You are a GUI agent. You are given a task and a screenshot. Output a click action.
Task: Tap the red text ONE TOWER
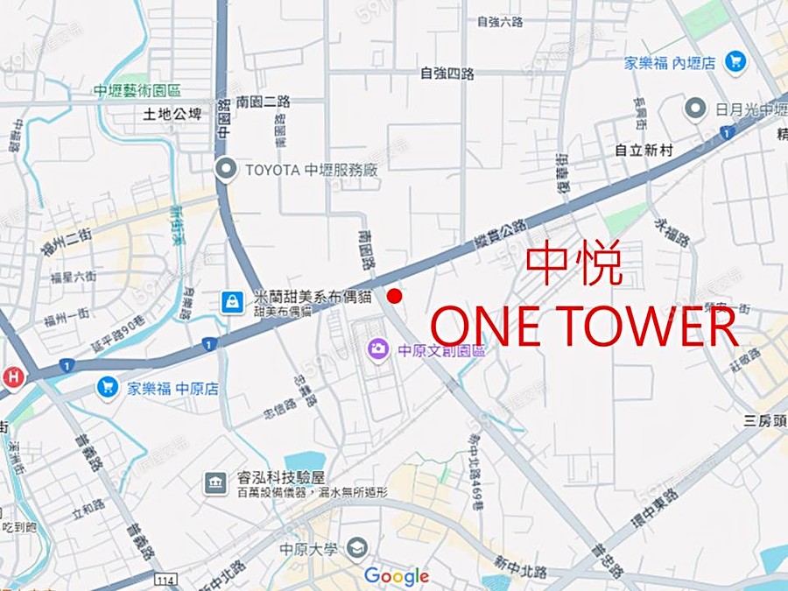(584, 327)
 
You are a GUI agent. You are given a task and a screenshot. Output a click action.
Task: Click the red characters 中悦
(574, 265)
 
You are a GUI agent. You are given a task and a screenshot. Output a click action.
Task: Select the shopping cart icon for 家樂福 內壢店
(735, 61)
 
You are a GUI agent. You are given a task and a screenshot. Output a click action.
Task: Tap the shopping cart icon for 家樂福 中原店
(109, 386)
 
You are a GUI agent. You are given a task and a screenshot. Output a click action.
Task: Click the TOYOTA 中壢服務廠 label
(311, 169)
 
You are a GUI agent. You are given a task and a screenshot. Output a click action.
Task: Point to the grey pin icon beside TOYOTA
(227, 169)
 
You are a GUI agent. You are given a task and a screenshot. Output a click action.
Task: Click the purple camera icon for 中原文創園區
(378, 349)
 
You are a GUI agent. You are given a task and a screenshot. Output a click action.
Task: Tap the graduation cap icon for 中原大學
(356, 549)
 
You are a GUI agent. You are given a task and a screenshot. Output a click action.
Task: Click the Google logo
(396, 576)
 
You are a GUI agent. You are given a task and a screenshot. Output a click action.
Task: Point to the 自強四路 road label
(447, 74)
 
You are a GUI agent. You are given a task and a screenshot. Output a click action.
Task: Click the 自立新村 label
(644, 151)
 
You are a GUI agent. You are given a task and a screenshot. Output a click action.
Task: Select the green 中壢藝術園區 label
(139, 90)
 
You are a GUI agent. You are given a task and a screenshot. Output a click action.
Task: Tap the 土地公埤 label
(172, 113)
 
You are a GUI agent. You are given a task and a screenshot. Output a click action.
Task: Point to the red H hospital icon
(12, 377)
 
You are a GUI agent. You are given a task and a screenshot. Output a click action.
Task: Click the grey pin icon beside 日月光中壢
(695, 109)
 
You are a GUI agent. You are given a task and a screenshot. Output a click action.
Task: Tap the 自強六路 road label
(500, 21)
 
